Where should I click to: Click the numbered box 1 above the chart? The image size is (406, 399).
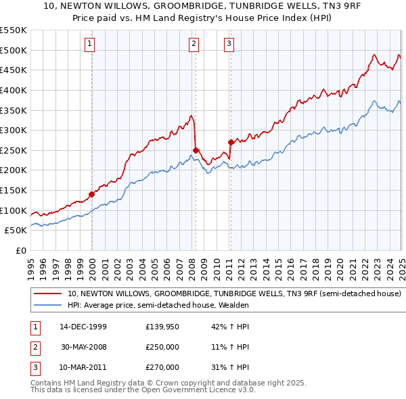pyautogui.click(x=90, y=45)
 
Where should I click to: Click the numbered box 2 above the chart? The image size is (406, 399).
pyautogui.click(x=194, y=45)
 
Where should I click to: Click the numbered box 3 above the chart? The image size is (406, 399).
pyautogui.click(x=229, y=45)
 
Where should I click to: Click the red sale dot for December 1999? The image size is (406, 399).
pyautogui.click(x=92, y=194)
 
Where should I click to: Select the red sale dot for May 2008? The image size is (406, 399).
pyautogui.click(x=196, y=150)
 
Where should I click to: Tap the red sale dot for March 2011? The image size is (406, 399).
pyautogui.click(x=231, y=142)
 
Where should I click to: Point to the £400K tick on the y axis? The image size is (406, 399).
pyautogui.click(x=14, y=90)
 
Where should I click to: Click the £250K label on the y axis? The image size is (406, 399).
pyautogui.click(x=14, y=150)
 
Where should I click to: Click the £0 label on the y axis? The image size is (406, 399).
pyautogui.click(x=20, y=250)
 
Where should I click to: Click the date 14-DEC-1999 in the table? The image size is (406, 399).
pyautogui.click(x=83, y=327)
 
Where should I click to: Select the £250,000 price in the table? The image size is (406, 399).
pyautogui.click(x=162, y=347)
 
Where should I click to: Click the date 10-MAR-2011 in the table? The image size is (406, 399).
pyautogui.click(x=83, y=367)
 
